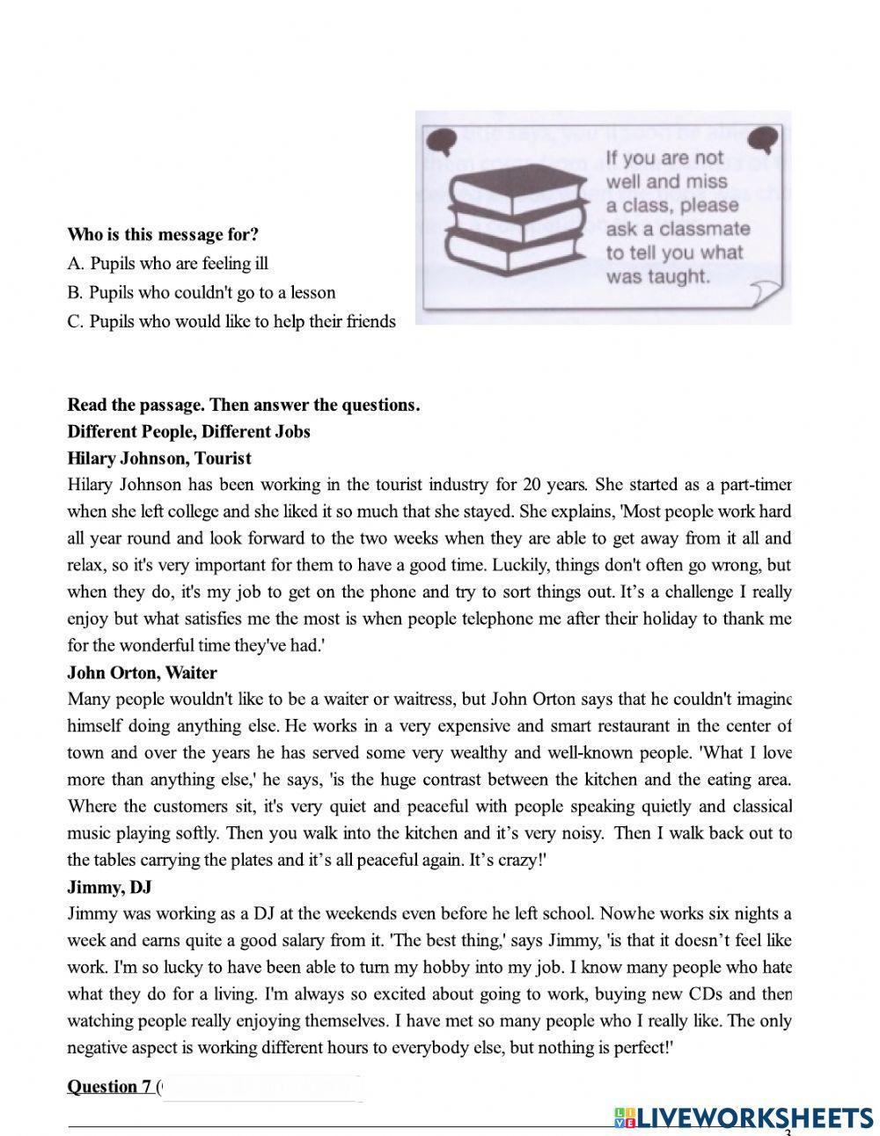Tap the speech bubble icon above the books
(439, 138)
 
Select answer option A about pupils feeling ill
(167, 263)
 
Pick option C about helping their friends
(231, 321)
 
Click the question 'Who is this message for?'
(163, 235)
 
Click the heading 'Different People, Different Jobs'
(188, 431)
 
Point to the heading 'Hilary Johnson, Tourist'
(159, 458)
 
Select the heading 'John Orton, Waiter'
(142, 673)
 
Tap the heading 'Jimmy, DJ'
(109, 887)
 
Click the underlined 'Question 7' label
(109, 1087)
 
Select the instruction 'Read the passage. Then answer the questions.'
(244, 405)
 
